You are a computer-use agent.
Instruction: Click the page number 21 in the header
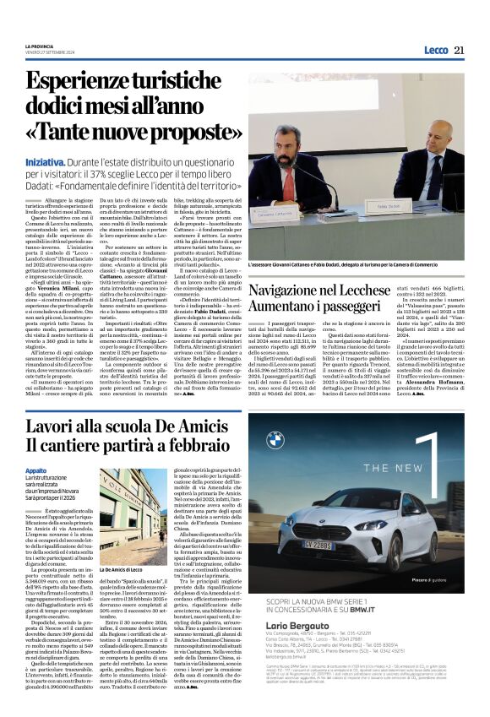coord(460,51)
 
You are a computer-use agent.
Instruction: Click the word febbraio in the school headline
coord(199,445)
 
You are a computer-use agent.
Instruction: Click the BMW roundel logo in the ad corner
coord(275,439)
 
